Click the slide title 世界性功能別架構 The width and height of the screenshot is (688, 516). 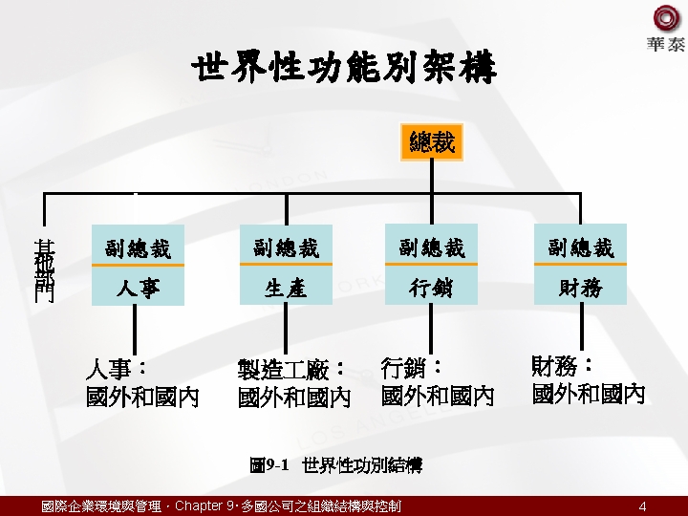coord(344,70)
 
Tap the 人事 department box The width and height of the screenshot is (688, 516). coord(138,288)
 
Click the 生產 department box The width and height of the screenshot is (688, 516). coord(286,288)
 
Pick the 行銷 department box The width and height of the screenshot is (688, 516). coord(431,288)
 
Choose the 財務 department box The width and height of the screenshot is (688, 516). coord(580,288)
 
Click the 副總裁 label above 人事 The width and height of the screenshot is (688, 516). coord(138,248)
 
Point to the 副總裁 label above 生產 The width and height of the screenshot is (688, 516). coord(286,247)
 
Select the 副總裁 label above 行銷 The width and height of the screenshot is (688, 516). coord(431,247)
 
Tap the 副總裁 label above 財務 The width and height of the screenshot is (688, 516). coord(580,247)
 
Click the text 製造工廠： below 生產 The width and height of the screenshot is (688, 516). coord(291,370)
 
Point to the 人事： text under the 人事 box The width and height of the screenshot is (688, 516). coord(117,369)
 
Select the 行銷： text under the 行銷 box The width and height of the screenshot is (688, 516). coord(413,367)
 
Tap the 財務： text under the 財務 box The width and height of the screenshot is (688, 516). coord(563,366)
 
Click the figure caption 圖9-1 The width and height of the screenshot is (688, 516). coord(269,466)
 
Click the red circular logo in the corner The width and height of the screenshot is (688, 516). coord(666,18)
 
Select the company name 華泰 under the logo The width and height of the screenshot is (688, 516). coord(666,45)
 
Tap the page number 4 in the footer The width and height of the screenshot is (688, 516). coord(643,506)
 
